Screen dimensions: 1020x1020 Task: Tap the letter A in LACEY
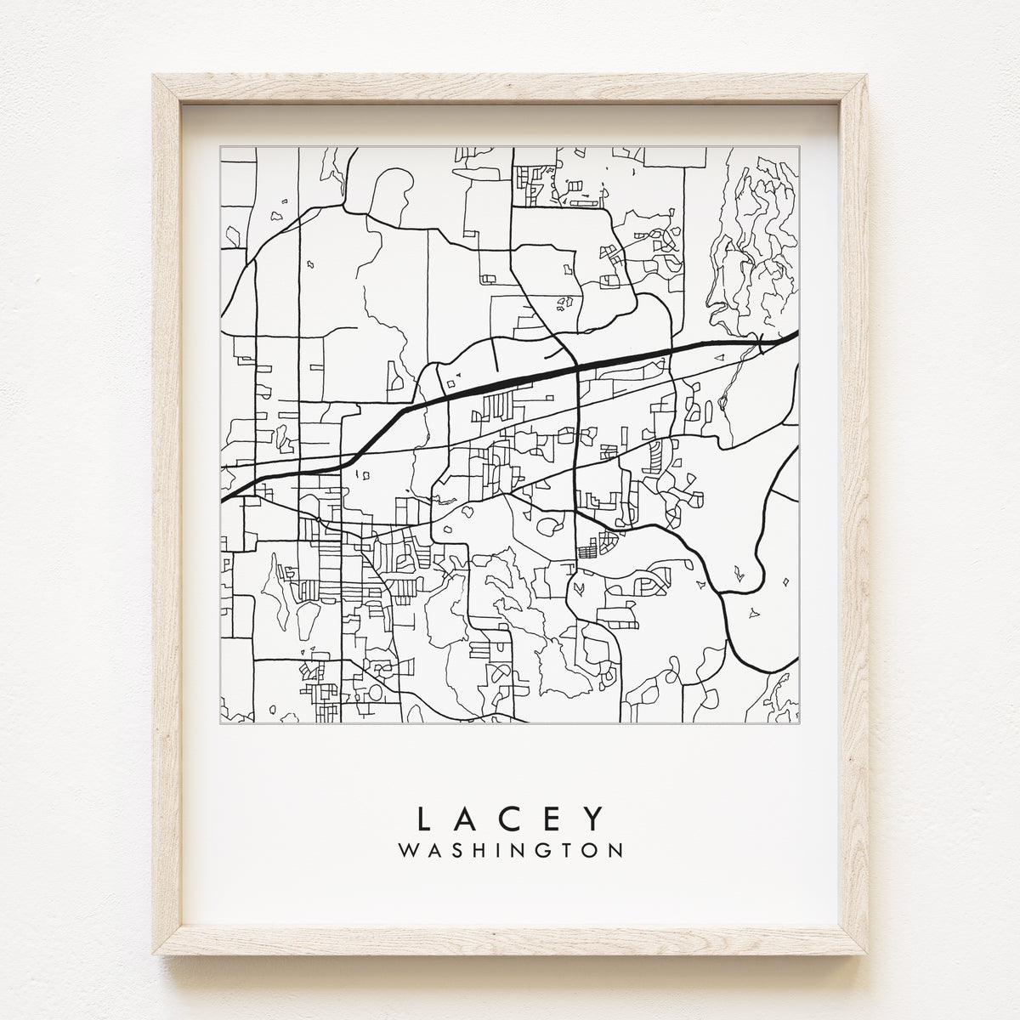[x=467, y=818]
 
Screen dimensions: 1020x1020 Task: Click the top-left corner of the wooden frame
[x=154, y=76]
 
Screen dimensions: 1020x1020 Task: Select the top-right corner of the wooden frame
[x=867, y=76]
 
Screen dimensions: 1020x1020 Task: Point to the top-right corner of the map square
[x=799, y=145]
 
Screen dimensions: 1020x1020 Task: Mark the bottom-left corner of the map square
[x=220, y=723]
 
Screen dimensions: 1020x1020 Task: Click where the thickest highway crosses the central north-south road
[x=577, y=366]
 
